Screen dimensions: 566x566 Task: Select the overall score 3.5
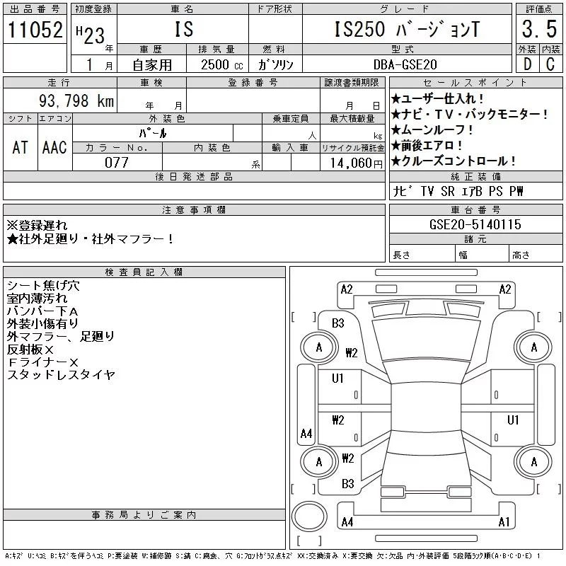pyautogui.click(x=538, y=29)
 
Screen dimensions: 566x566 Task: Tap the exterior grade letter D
pyautogui.click(x=527, y=64)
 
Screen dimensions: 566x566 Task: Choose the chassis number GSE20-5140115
pyautogui.click(x=475, y=225)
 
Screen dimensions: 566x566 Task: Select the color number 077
pyautogui.click(x=117, y=162)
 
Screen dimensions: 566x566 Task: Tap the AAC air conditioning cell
pyautogui.click(x=54, y=147)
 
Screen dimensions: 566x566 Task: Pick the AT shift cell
pyautogui.click(x=21, y=147)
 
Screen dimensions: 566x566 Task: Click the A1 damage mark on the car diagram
pyautogui.click(x=504, y=523)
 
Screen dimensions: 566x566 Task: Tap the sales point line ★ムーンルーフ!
pyautogui.click(x=432, y=130)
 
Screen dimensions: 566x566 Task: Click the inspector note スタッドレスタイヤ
pyautogui.click(x=60, y=375)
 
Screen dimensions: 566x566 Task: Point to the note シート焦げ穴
pyautogui.click(x=42, y=286)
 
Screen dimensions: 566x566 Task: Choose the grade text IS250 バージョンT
pyautogui.click(x=406, y=30)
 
